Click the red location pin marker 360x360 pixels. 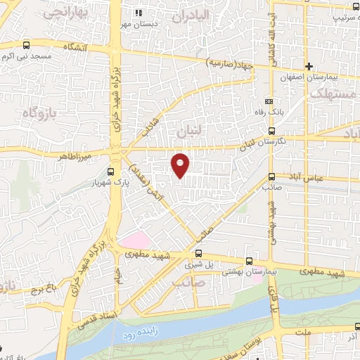click(x=181, y=165)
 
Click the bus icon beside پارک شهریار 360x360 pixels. click(x=110, y=171)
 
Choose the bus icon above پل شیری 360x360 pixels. click(x=199, y=253)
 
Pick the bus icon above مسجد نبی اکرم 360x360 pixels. click(x=26, y=43)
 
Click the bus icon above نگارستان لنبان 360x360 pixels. click(x=271, y=131)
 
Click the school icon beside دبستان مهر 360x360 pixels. click(x=139, y=13)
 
